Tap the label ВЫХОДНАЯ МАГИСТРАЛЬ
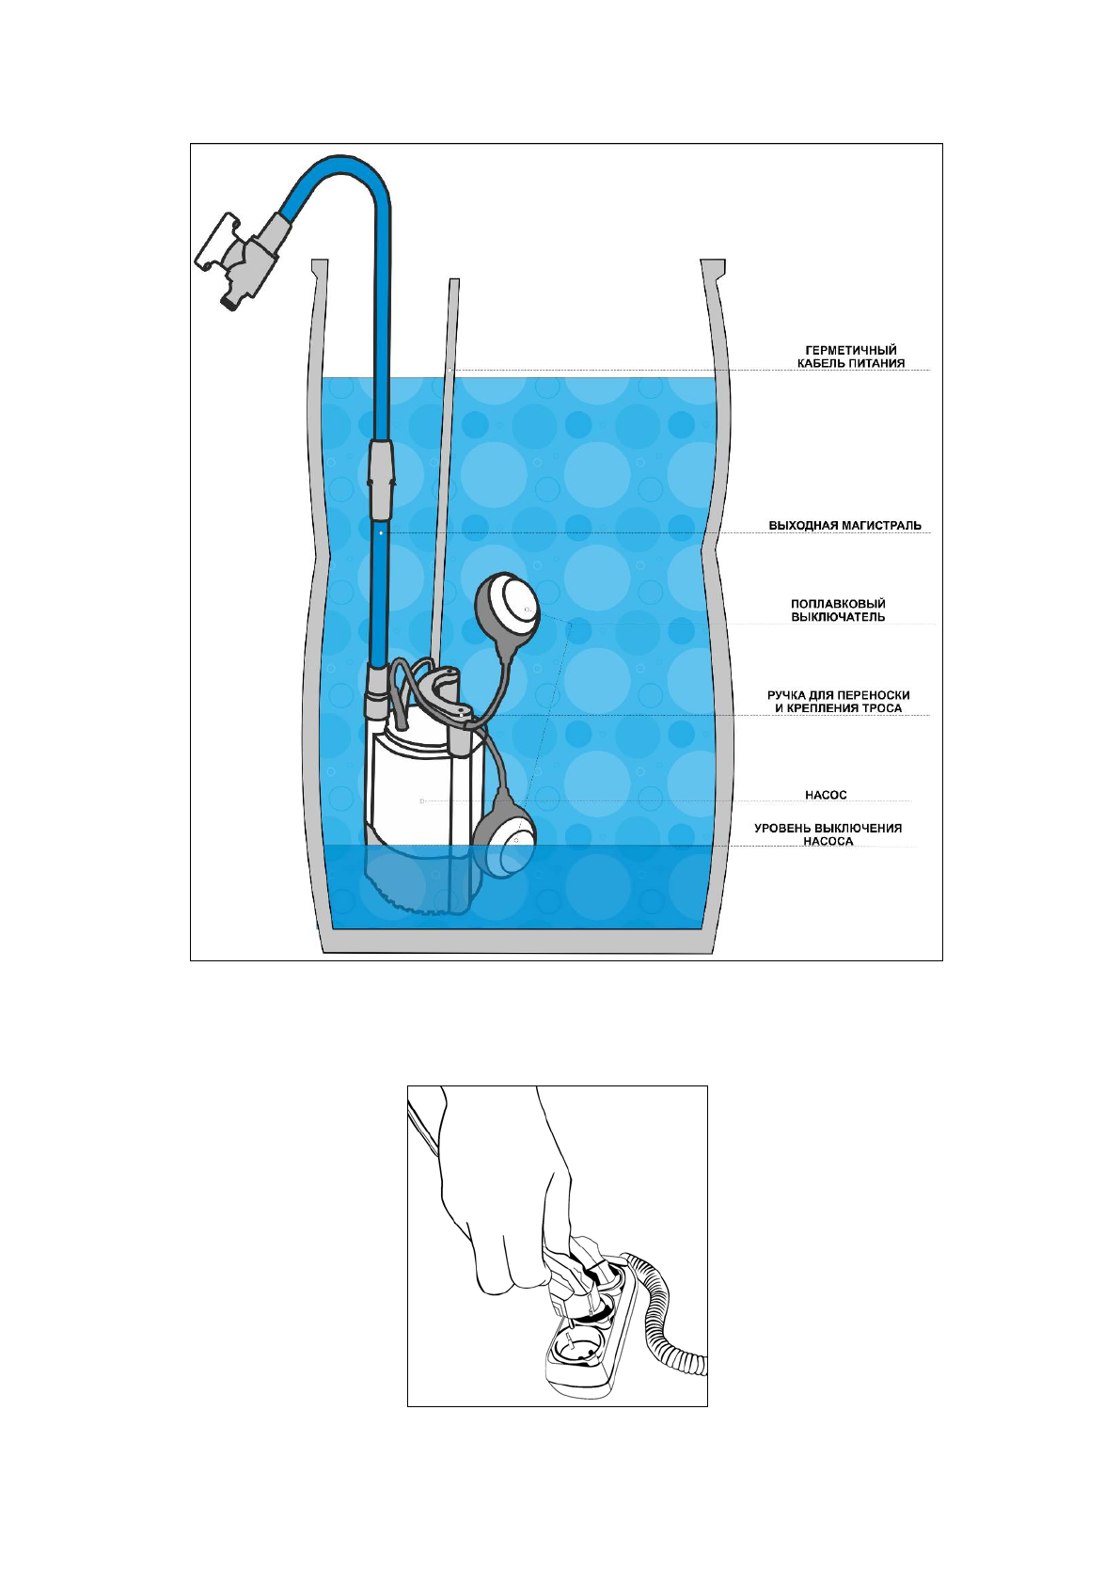pos(844,526)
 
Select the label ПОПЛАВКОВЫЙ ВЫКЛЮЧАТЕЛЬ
pos(837,610)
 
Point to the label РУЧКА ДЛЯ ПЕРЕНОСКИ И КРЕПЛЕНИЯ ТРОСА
pos(838,702)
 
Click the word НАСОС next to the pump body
pos(826,796)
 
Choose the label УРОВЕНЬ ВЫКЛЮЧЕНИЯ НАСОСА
pos(828,834)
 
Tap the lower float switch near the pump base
pos(505,833)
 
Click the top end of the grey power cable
pos(454,284)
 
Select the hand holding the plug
pos(508,1195)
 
